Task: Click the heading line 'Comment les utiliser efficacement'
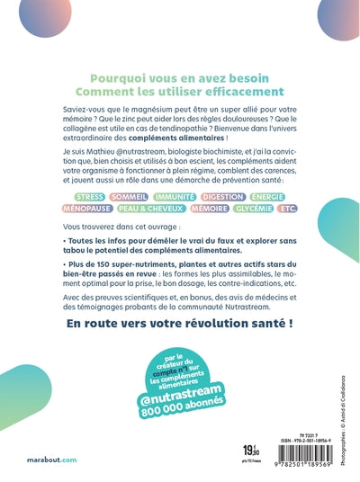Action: tap(180, 90)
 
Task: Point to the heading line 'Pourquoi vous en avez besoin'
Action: tap(180, 75)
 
